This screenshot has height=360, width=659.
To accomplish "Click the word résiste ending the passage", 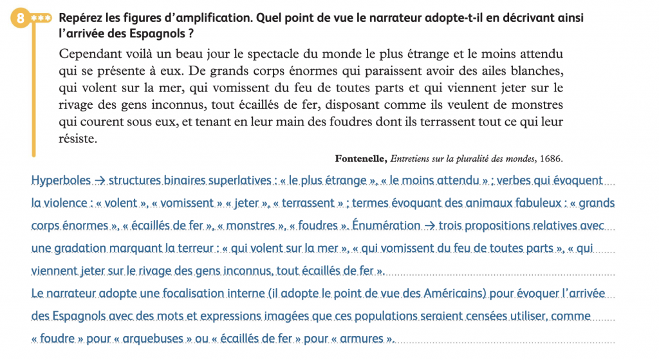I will (x=77, y=138).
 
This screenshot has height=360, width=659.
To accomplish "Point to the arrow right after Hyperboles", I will (x=101, y=180).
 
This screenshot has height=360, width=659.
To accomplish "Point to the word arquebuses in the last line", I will (x=154, y=339).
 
